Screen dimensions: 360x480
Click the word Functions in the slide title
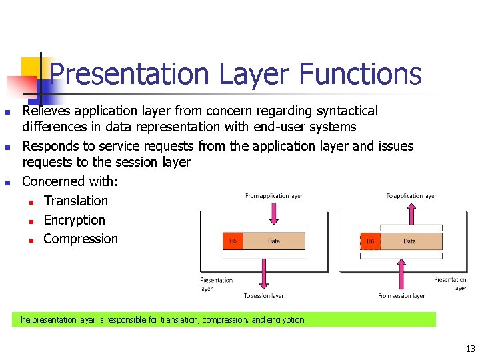360,74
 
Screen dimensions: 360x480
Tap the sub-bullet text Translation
75,201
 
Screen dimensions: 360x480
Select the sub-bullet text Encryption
74,220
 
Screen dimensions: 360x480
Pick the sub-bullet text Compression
80,239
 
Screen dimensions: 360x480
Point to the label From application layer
273,196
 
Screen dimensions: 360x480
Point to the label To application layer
411,196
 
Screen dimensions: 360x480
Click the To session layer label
263,296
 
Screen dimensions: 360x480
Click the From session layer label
401,296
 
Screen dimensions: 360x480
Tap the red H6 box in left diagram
232,241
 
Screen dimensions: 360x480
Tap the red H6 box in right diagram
370,241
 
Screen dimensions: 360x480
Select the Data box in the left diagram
274,241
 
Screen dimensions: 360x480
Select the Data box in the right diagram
410,241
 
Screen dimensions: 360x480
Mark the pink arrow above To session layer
263,273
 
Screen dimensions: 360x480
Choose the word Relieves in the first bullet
47,111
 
